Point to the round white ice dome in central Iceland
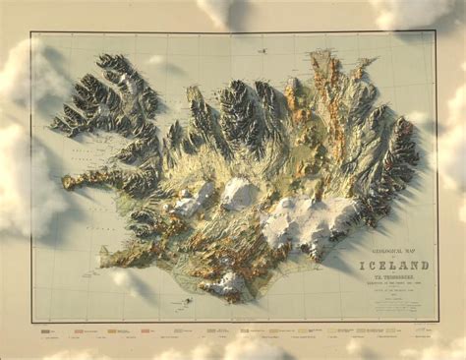239,193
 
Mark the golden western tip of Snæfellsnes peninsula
67,182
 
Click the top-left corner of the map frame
30,32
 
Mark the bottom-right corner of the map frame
437,323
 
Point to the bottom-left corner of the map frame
30,322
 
